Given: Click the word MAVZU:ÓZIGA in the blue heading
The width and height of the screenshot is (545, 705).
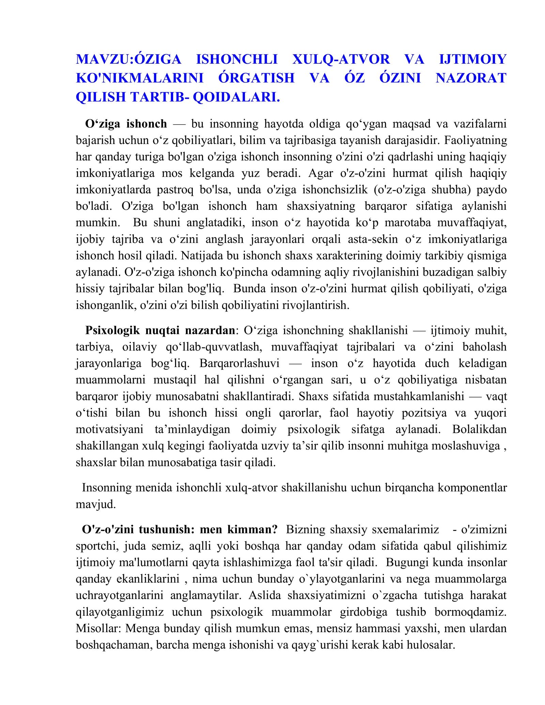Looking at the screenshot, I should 128,59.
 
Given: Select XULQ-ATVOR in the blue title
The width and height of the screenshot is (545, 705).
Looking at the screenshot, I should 341,59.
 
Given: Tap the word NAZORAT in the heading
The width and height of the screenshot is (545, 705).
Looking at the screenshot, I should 471,78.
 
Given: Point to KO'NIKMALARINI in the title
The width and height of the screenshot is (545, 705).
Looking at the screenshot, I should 140,78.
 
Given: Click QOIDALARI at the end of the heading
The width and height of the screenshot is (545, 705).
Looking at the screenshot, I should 236,97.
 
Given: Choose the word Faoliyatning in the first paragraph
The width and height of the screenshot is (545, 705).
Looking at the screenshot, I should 476,140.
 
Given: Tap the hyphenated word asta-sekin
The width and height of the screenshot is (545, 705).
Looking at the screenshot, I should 373,239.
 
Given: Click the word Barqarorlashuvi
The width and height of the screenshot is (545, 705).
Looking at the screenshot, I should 239,363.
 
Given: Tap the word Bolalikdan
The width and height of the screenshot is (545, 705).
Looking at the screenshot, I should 479,429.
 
